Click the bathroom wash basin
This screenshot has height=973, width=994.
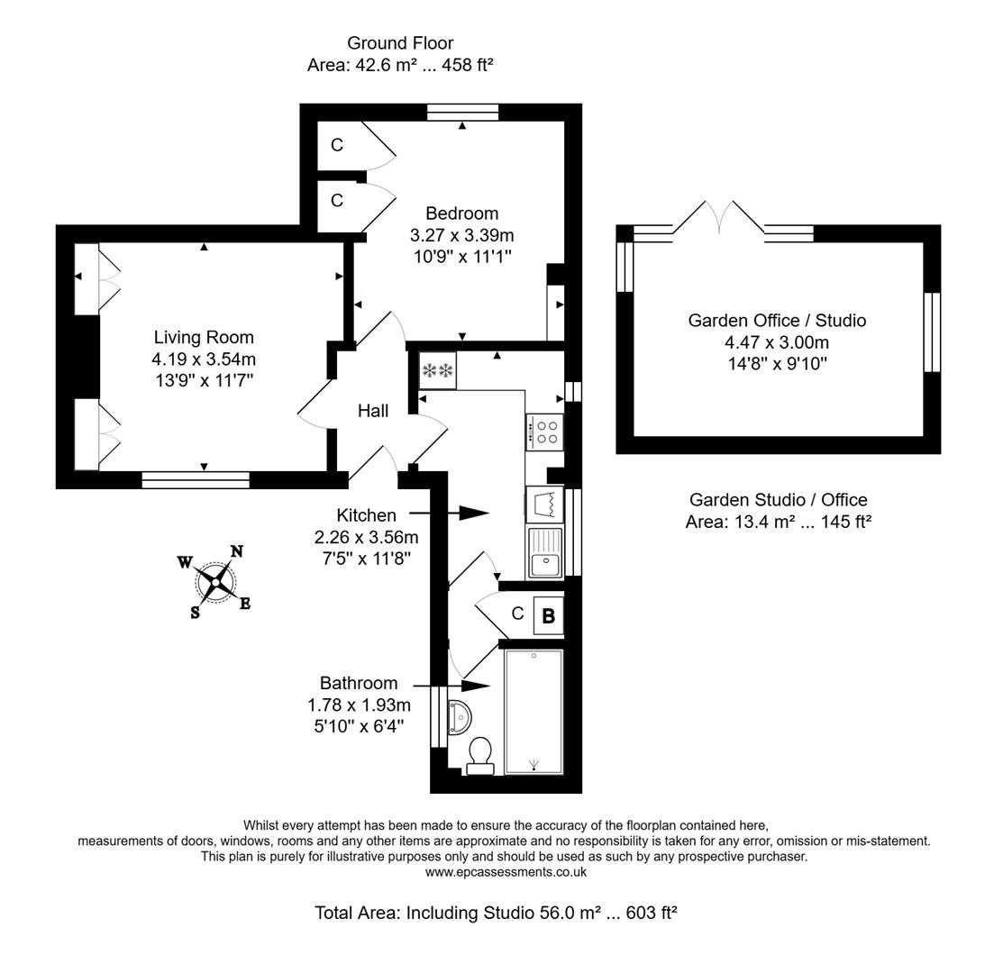tap(460, 716)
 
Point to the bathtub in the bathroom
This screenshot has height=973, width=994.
tap(533, 711)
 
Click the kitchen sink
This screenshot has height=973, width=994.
tap(544, 552)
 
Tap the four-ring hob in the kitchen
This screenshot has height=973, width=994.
tap(544, 431)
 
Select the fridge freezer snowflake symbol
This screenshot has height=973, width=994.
tap(438, 370)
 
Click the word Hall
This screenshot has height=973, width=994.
tap(373, 411)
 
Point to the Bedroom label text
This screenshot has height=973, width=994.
tap(461, 214)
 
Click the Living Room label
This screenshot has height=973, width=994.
tap(204, 337)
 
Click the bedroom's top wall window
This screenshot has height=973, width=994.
tap(462, 112)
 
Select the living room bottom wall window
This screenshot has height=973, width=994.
tap(196, 480)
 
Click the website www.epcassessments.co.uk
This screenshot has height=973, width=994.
tap(506, 872)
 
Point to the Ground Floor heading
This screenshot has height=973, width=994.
tap(400, 42)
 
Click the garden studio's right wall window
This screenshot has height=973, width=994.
tap(932, 332)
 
